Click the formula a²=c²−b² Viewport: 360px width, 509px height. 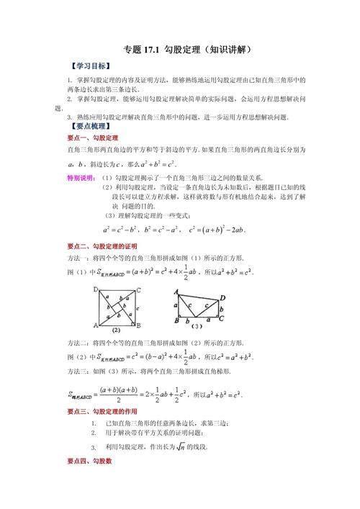[x=121, y=230]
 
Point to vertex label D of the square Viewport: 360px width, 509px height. [x=95, y=290]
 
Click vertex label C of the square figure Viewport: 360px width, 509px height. [x=137, y=290]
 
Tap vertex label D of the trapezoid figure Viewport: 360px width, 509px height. [x=222, y=297]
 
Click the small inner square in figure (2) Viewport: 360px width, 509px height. [x=117, y=307]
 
